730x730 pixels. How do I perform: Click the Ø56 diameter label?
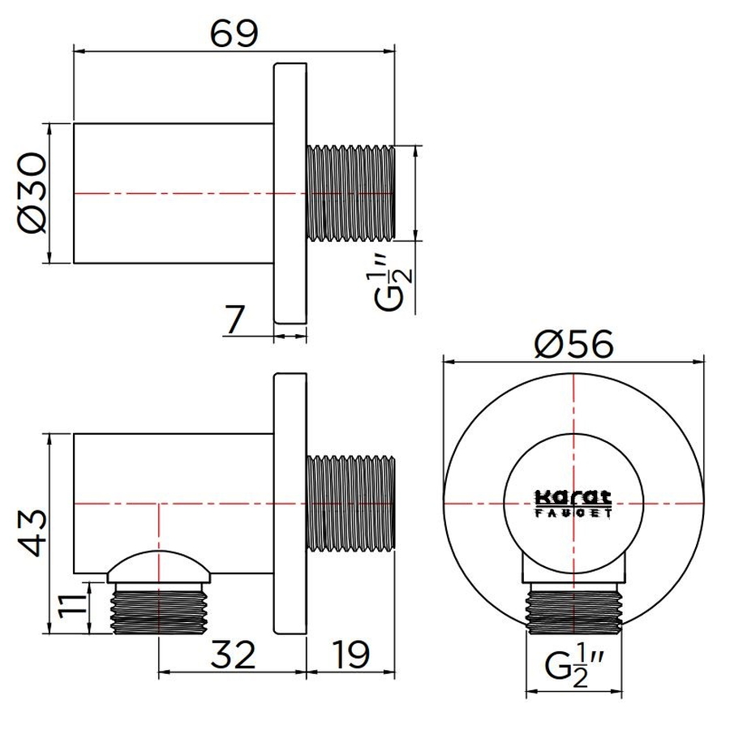point(573,344)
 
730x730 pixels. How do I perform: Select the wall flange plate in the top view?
point(290,193)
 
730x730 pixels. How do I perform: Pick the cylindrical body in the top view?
point(173,193)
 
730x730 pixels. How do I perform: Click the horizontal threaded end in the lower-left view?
point(350,505)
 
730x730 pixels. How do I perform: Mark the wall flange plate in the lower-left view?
point(290,505)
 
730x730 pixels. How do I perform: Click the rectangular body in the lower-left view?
point(173,487)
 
